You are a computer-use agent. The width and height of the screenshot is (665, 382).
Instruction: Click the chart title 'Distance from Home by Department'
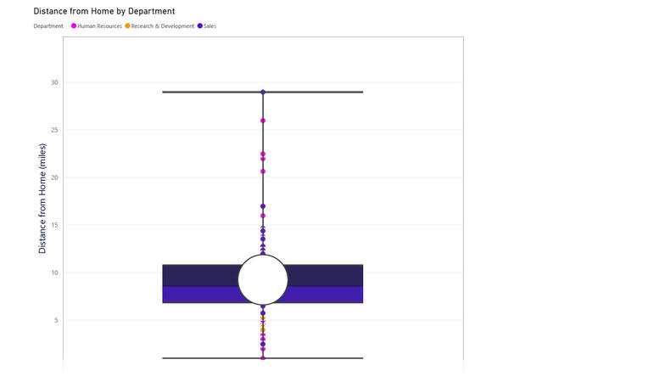pyautogui.click(x=103, y=11)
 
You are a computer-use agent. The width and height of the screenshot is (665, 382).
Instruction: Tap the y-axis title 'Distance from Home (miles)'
pyautogui.click(x=42, y=199)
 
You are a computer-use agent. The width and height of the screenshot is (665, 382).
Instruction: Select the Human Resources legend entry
pyautogui.click(x=97, y=25)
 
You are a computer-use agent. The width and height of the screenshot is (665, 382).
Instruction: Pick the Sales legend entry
pyautogui.click(x=207, y=25)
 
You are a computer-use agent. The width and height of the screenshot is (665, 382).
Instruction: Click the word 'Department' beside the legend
pyautogui.click(x=48, y=25)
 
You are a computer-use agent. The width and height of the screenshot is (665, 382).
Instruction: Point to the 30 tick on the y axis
pyautogui.click(x=54, y=82)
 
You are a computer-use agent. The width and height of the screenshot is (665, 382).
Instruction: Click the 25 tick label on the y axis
pyautogui.click(x=54, y=130)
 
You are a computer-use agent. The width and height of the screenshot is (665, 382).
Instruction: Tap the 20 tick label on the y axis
pyautogui.click(x=54, y=177)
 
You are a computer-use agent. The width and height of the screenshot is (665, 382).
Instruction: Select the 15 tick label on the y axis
pyautogui.click(x=54, y=225)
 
